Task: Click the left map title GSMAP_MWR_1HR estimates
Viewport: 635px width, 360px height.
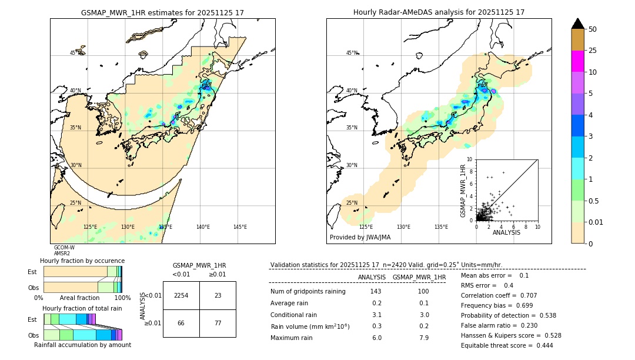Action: point(162,12)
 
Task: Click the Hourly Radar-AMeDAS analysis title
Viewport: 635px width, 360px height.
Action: point(439,12)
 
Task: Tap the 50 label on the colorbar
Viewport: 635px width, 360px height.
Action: point(593,29)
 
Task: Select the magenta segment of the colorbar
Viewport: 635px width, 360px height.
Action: point(577,61)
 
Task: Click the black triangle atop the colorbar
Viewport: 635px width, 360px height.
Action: point(577,24)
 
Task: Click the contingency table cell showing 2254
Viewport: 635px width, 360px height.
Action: point(181,296)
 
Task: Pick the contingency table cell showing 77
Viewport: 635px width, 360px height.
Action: point(218,323)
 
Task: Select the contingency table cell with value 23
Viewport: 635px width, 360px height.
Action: point(218,296)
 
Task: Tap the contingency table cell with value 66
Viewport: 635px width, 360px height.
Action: point(181,323)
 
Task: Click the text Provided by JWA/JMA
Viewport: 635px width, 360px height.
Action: point(360,238)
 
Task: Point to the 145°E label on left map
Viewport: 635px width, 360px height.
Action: point(240,227)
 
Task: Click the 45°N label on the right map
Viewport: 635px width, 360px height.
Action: point(352,54)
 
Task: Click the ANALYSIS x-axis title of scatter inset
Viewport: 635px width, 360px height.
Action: point(506,232)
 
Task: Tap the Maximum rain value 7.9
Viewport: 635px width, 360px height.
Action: point(423,338)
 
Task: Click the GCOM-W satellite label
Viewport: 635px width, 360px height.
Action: point(64,248)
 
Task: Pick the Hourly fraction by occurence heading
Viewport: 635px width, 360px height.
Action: point(82,261)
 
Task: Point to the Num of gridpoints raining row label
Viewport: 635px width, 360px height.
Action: point(308,292)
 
